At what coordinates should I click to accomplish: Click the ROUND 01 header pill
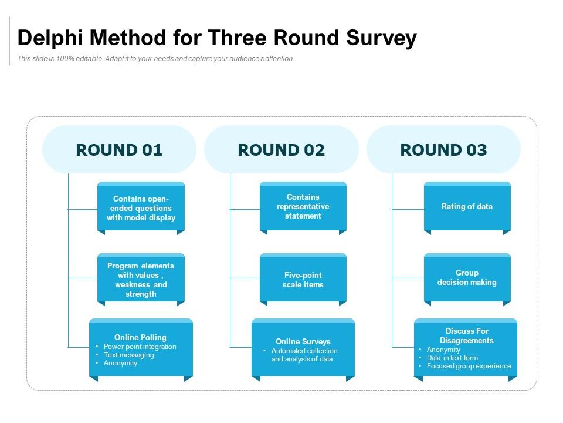click(x=119, y=149)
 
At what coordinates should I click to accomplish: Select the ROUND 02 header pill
click(x=281, y=149)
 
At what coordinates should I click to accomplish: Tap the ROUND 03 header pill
click(x=443, y=149)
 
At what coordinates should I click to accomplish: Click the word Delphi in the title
click(x=50, y=38)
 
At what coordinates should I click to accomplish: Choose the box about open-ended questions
click(x=141, y=208)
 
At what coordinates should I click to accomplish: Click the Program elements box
click(x=141, y=280)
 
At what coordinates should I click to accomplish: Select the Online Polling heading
click(x=140, y=337)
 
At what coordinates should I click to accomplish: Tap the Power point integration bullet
click(x=140, y=347)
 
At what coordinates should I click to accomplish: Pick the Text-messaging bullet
click(x=129, y=355)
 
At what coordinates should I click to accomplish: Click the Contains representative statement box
click(x=303, y=208)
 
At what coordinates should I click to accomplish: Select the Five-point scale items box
click(x=303, y=280)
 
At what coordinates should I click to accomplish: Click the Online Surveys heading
click(x=303, y=341)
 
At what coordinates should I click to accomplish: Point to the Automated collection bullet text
click(x=304, y=355)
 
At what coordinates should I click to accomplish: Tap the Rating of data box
click(x=467, y=208)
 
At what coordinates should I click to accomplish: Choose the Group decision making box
click(x=467, y=280)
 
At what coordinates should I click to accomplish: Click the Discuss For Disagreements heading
click(x=467, y=335)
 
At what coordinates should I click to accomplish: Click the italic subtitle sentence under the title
click(x=156, y=59)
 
